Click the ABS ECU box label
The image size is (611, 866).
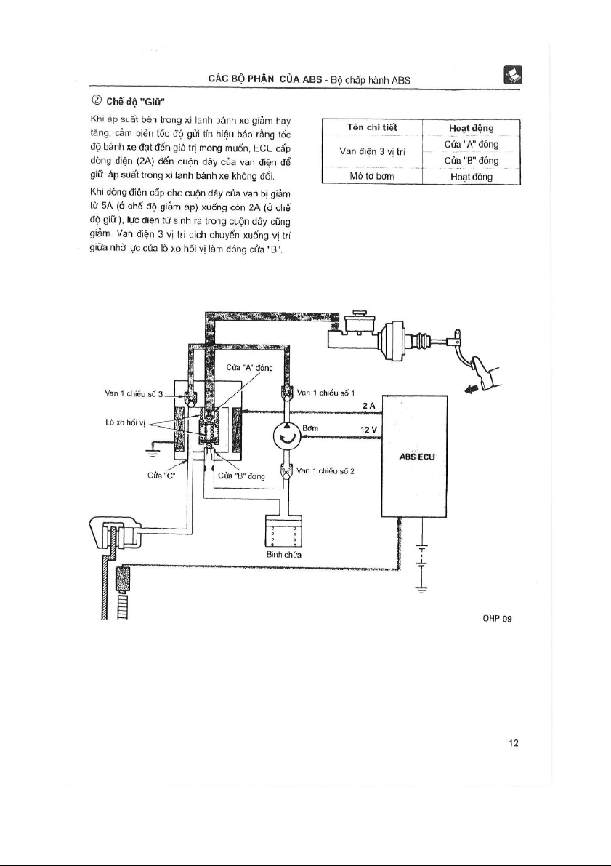pos(416,457)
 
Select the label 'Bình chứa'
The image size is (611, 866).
pos(283,555)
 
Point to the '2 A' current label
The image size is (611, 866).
pos(368,406)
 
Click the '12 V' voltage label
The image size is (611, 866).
pos(368,430)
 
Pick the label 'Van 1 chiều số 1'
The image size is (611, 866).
pos(325,393)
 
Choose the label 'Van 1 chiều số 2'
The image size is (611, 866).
pos(325,471)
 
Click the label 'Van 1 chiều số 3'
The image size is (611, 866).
pos(134,394)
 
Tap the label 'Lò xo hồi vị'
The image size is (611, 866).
pos(125,422)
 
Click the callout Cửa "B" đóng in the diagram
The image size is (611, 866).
pos(241,476)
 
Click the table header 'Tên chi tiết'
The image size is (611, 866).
pos(372,127)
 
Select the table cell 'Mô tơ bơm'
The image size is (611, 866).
pos(372,176)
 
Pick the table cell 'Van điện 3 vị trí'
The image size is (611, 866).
pos(372,151)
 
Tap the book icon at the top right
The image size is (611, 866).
pos(513,75)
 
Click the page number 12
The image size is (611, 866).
pos(514,743)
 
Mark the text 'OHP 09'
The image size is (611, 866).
pos(497,619)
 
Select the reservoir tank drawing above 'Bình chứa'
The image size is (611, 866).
pos(283,531)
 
